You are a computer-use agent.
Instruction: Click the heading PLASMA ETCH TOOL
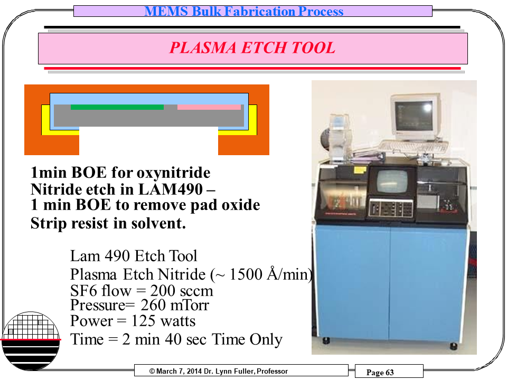pos(252,48)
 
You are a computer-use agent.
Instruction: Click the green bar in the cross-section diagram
pos(117,107)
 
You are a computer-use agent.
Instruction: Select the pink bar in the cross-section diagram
pos(209,107)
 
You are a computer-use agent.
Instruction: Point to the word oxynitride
pos(173,173)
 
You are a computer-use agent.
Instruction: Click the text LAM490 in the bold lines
pos(171,189)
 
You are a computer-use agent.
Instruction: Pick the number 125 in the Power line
pos(144,321)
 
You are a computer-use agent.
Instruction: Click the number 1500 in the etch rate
pos(246,274)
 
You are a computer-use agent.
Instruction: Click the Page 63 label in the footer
pos(380,372)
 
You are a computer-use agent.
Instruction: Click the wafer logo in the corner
pos(31,341)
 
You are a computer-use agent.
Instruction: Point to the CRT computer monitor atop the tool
pos(415,116)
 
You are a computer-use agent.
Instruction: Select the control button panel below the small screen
pos(391,208)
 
